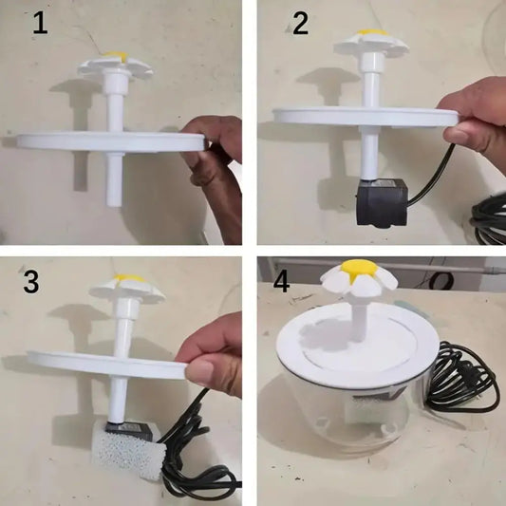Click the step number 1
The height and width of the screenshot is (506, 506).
[40, 23]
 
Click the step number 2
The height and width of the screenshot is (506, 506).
[300, 23]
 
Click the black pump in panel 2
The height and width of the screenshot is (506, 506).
[379, 201]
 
